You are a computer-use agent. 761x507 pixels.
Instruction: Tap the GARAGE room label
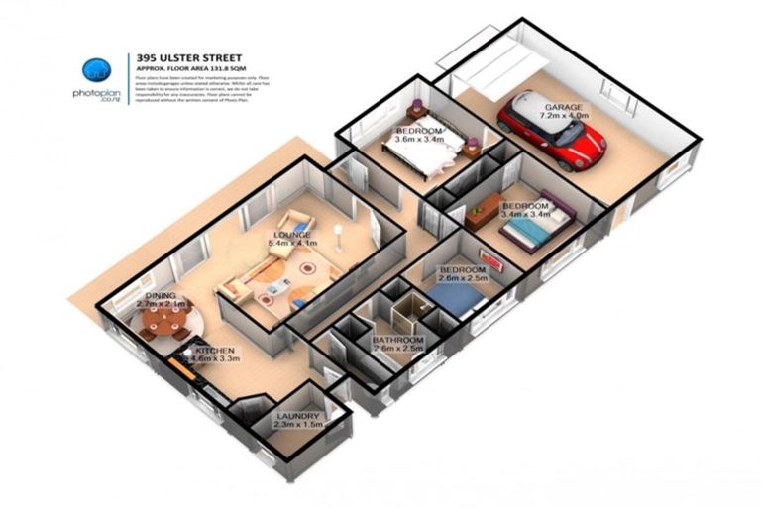coord(562,107)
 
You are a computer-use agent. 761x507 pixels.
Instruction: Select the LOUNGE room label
coord(293,235)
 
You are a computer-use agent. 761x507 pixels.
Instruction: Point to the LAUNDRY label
coord(298,416)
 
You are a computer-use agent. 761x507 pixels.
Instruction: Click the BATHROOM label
coord(397,339)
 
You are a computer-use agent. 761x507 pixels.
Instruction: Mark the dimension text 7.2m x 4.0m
coord(563,116)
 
